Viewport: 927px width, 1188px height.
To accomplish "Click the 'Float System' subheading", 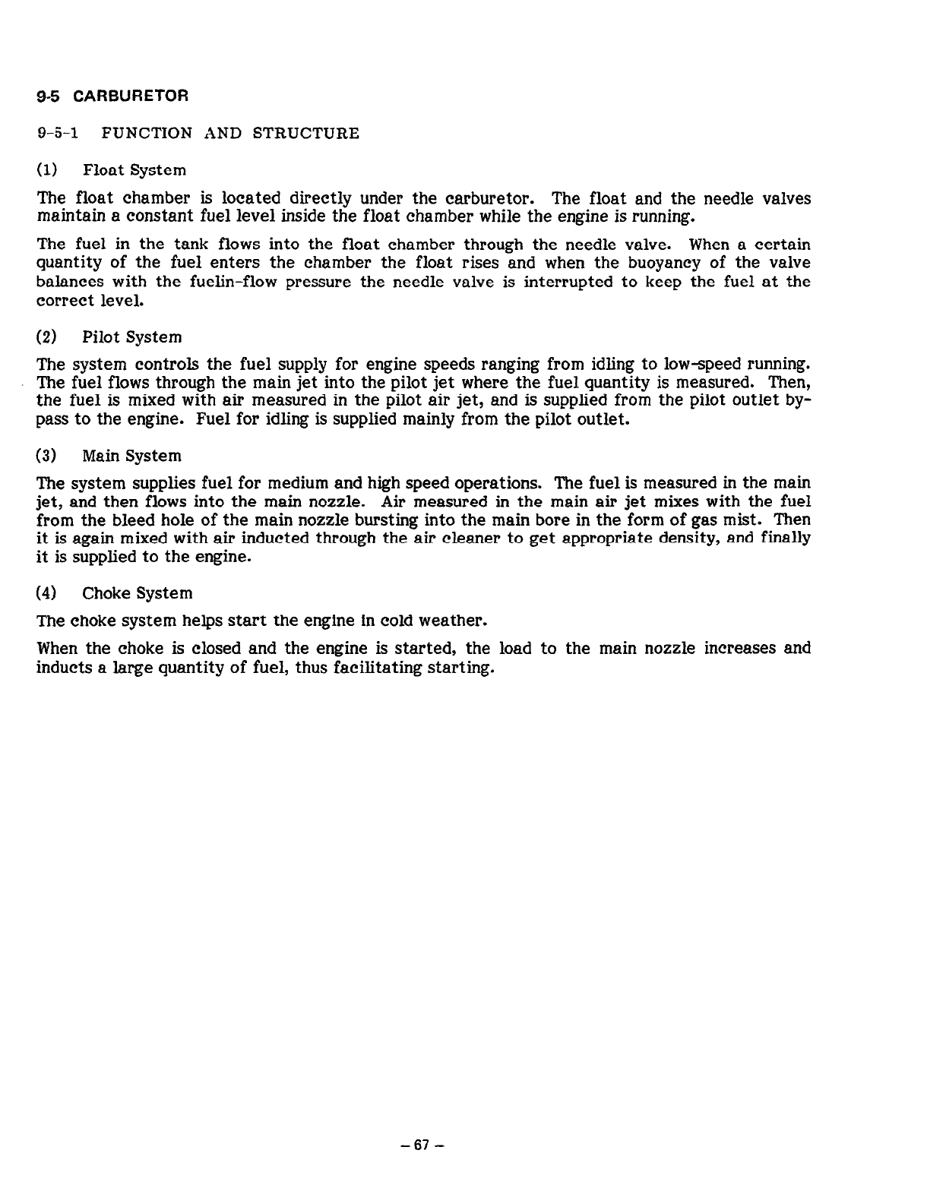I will (x=134, y=169).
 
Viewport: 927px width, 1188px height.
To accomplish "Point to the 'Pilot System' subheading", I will (x=131, y=336).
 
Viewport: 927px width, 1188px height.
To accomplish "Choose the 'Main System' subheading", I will (x=131, y=456).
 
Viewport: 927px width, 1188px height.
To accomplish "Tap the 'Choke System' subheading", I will (x=137, y=592).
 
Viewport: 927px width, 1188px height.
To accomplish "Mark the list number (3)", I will (x=47, y=456).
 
